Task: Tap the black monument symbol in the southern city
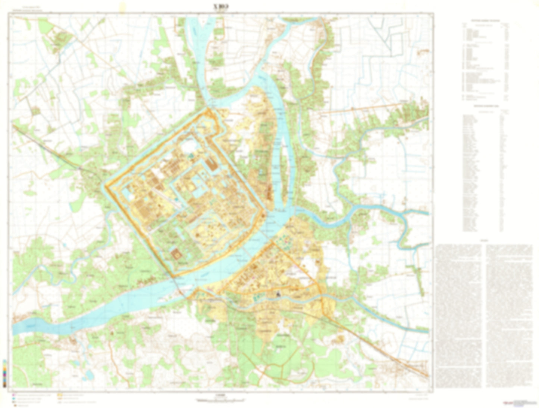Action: (278, 294)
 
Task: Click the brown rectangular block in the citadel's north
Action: (211, 164)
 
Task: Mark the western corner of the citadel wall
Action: (105, 185)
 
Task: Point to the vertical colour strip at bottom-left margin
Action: (4, 373)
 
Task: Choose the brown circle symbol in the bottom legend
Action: (13, 404)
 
